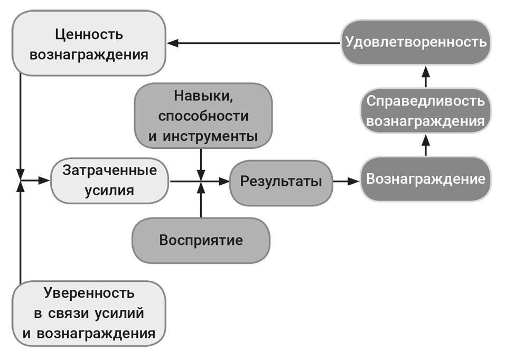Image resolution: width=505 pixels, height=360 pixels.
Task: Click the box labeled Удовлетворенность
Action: (x=416, y=42)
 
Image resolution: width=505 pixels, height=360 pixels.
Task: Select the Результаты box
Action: (x=281, y=182)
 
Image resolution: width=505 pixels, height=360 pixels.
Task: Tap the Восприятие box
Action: (x=201, y=240)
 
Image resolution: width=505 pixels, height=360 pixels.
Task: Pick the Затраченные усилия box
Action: (x=110, y=181)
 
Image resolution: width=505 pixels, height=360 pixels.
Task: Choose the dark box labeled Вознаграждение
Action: (x=426, y=179)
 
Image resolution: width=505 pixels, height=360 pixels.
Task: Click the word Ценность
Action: (x=89, y=35)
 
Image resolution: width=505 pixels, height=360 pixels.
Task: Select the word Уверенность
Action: (x=89, y=293)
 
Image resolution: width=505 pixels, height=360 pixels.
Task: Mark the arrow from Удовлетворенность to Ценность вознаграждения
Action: (x=254, y=43)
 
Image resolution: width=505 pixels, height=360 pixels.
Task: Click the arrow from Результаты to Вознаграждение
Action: (x=346, y=181)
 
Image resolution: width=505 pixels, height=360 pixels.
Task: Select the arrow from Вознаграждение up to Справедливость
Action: (x=426, y=144)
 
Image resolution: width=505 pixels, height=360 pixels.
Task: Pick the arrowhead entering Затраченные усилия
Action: (x=45, y=181)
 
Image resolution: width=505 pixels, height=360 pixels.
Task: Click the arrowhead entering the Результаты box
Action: (x=225, y=181)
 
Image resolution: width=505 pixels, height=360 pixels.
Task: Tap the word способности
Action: (x=203, y=116)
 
